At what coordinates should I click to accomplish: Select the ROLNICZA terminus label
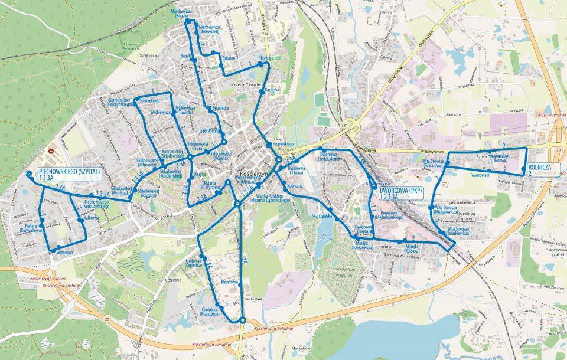[540, 170]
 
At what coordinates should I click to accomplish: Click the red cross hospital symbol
[51, 151]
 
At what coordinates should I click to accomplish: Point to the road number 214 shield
[266, 35]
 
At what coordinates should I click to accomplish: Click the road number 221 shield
[343, 125]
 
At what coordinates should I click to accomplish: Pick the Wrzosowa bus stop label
[64, 252]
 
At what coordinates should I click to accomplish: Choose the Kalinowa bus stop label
[90, 218]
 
